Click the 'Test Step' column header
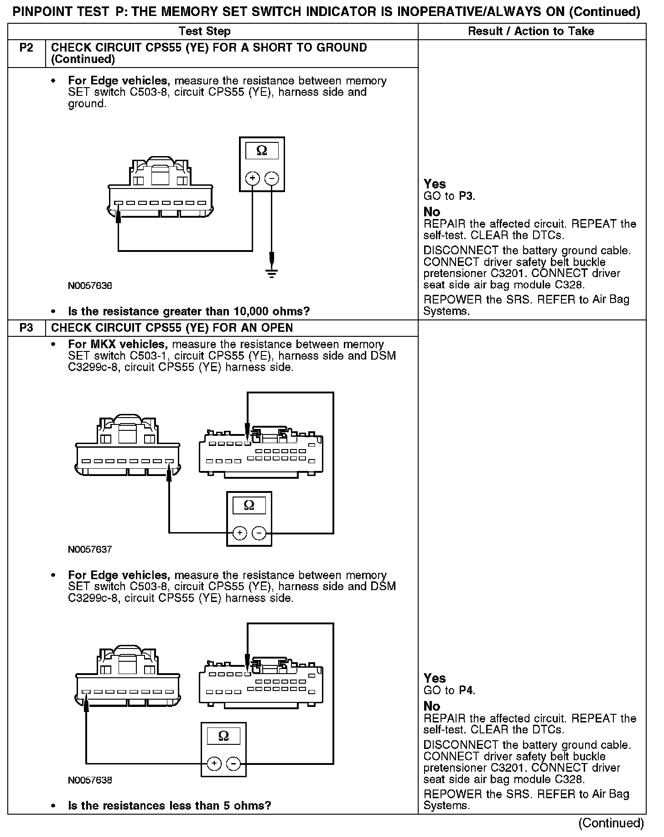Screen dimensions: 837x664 (x=204, y=31)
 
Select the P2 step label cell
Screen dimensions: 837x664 (x=26, y=48)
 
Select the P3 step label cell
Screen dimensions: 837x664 (x=26, y=328)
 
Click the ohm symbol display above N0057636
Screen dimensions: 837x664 (x=262, y=151)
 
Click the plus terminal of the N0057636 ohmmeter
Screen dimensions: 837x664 (x=253, y=178)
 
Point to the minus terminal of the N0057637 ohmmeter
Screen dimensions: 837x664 (x=259, y=533)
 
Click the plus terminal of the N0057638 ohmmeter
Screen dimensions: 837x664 (x=214, y=764)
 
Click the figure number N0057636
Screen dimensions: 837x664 (x=90, y=286)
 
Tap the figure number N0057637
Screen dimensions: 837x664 (x=90, y=549)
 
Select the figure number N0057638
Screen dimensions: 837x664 (x=90, y=780)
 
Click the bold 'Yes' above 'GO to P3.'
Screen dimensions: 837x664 (x=435, y=184)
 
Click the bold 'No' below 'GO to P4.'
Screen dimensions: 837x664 (x=432, y=706)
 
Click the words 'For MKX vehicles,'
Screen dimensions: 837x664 (x=119, y=345)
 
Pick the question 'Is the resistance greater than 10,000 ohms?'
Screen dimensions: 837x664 (x=189, y=312)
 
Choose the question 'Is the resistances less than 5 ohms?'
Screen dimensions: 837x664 (x=170, y=806)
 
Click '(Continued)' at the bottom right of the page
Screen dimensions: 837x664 (x=611, y=823)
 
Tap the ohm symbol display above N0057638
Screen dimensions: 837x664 (x=223, y=736)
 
